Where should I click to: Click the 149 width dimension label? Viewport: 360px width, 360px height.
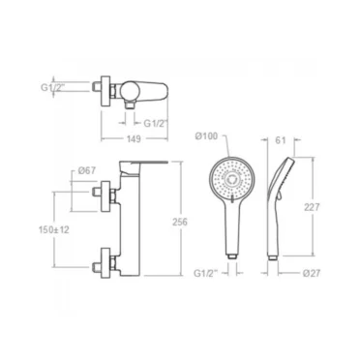pyautogui.click(x=134, y=139)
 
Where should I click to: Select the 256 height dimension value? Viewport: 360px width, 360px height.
pyautogui.click(x=180, y=222)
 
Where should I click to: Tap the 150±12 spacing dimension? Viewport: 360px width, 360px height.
pyautogui.click(x=54, y=229)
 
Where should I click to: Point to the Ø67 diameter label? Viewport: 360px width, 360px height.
pyautogui.click(x=87, y=170)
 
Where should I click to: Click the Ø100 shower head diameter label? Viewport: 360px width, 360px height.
pyautogui.click(x=206, y=136)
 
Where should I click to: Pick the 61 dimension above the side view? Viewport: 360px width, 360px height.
pyautogui.click(x=281, y=140)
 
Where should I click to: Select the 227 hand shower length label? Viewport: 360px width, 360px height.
pyautogui.click(x=312, y=207)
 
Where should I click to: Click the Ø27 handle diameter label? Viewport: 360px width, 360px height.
pyautogui.click(x=312, y=273)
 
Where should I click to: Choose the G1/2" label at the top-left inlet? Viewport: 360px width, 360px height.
pyautogui.click(x=53, y=87)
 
